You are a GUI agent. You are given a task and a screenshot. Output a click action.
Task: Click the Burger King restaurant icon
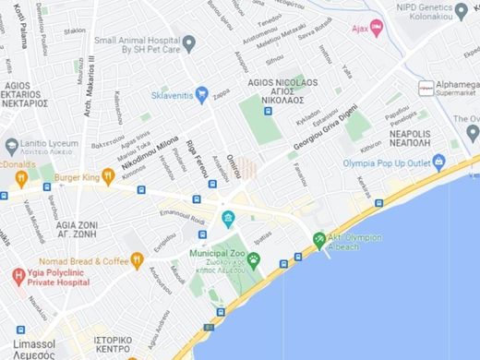(x=109, y=176)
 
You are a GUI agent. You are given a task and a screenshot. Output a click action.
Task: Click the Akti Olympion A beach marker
(x=319, y=241)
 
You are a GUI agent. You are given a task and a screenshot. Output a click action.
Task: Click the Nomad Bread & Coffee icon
(x=137, y=261)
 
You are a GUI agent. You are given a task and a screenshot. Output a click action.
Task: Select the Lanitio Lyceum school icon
(x=11, y=146)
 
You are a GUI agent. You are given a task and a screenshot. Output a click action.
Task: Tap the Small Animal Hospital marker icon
(x=188, y=42)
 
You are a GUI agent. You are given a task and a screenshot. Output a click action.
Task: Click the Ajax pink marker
(x=375, y=28)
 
